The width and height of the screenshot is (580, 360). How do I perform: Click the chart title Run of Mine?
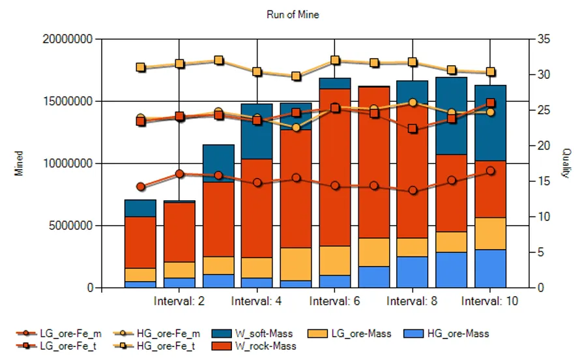[x=293, y=14]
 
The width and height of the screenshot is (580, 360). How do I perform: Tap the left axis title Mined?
[x=18, y=163]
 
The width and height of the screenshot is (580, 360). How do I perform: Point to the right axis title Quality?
[x=566, y=163]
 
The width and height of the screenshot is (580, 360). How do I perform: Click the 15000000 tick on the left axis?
[x=68, y=101]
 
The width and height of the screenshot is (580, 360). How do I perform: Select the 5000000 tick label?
[x=70, y=225]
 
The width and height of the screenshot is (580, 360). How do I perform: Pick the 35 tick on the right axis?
[x=544, y=39]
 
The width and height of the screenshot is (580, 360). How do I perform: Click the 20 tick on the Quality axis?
[x=544, y=145]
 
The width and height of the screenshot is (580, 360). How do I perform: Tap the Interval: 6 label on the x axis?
[x=334, y=301]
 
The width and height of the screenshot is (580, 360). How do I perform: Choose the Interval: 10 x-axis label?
[x=490, y=301]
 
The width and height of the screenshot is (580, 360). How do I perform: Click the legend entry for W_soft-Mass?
[x=252, y=333]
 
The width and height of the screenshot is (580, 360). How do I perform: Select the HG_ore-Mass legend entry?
[x=446, y=333]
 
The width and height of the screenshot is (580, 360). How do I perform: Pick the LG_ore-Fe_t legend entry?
[x=56, y=346]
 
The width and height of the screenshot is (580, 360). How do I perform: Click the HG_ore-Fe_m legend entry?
[x=156, y=333]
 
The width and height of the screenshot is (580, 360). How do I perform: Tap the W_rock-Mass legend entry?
[x=254, y=346]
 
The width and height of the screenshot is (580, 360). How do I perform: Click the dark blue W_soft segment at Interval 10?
[x=490, y=123]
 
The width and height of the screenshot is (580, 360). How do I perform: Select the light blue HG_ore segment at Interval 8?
[x=412, y=272]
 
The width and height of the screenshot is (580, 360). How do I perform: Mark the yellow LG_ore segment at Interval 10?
[x=490, y=233]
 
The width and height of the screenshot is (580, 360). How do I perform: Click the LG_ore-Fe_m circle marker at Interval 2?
[x=179, y=174]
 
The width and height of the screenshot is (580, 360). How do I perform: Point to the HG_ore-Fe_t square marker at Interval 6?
[x=335, y=60]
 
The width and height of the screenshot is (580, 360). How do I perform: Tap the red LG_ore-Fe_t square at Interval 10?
[x=491, y=103]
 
